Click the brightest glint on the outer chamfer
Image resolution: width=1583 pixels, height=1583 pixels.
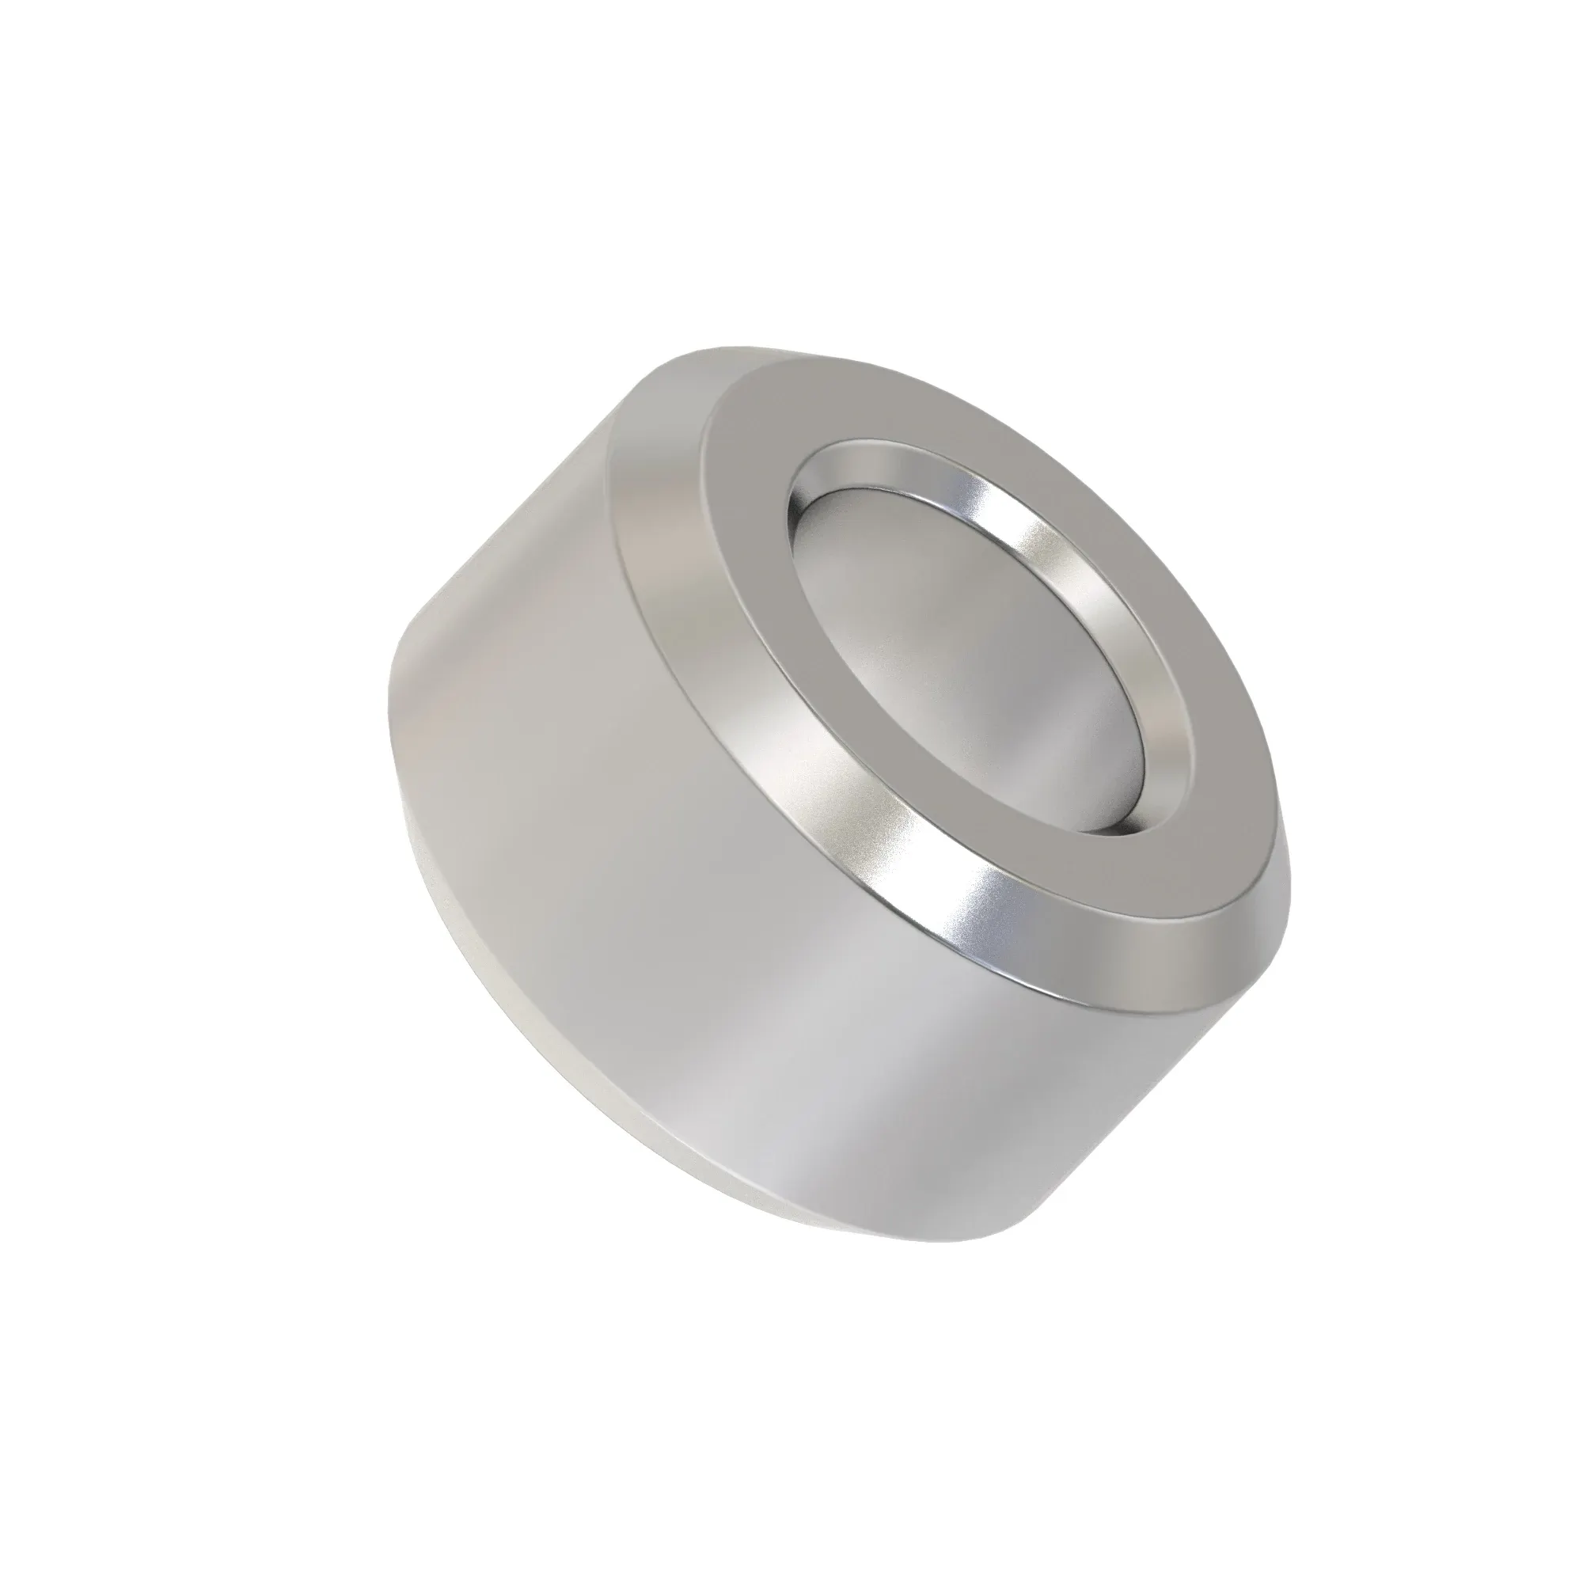pos(983,934)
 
